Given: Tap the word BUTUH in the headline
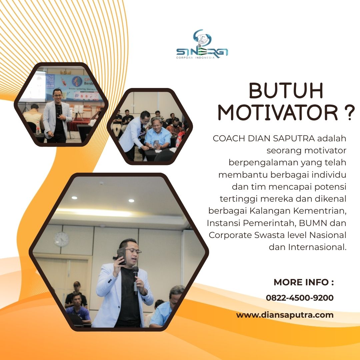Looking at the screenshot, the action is (286, 90).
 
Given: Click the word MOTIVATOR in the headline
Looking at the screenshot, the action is (278, 113).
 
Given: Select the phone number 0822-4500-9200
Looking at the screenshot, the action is (300, 298).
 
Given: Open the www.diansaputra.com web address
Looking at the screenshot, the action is (285, 315).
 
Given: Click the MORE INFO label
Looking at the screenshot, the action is (304, 282).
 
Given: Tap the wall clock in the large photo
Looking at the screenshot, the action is (61, 239).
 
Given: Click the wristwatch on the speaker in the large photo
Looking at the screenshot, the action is (145, 292).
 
